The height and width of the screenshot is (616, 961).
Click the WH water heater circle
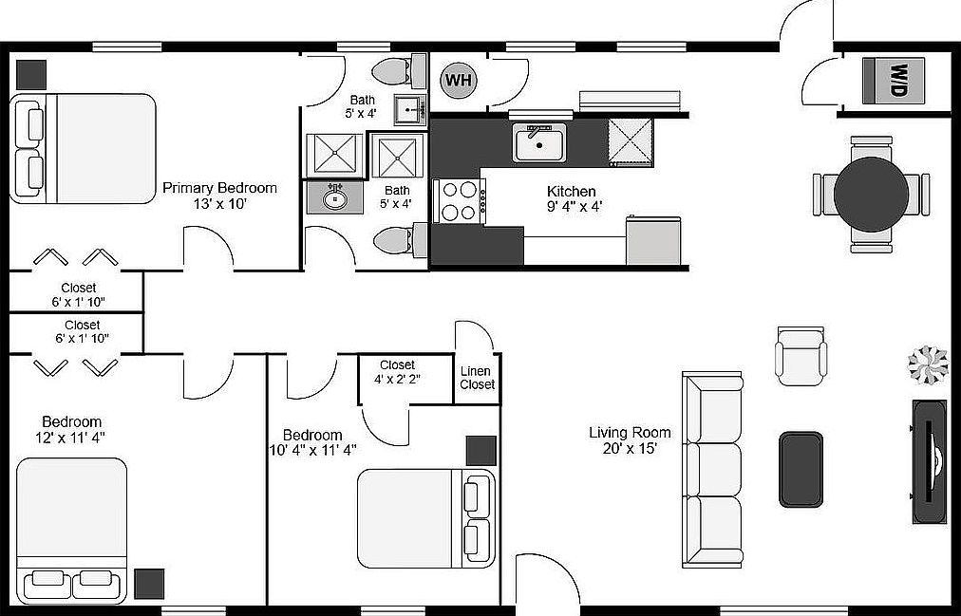459,81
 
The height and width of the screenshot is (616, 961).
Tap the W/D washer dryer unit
893,81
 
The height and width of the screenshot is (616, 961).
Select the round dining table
871,195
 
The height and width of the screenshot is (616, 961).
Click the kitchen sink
539,142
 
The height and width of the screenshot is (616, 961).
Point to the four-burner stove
459,200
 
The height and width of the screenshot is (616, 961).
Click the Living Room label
630,440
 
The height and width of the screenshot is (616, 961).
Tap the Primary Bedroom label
219,196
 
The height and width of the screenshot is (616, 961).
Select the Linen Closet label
477,378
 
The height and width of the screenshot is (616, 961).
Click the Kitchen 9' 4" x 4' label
575,199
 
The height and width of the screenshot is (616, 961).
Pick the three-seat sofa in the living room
713,469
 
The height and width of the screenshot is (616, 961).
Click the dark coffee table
801,469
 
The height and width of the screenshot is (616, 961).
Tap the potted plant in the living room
928,364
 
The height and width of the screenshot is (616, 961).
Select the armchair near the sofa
801,356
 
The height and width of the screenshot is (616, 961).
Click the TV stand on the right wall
929,461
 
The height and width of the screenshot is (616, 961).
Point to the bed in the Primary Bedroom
84,148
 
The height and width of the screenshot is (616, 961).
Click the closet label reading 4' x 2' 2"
397,372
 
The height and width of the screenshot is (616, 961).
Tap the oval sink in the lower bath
334,197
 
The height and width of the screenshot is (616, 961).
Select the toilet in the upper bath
399,70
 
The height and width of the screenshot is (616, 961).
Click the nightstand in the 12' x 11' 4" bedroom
149,584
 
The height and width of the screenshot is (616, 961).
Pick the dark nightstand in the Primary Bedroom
30,75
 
